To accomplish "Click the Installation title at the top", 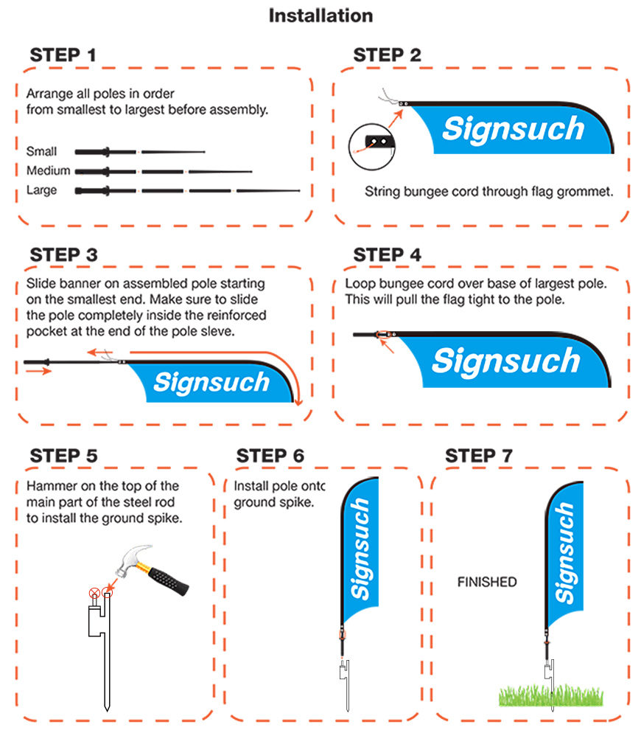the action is (320, 15).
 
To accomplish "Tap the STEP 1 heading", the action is (63, 55).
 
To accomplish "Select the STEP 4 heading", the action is (387, 254).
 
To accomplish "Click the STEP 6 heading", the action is (270, 455).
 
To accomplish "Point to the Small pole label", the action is (41, 151).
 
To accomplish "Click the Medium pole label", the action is (48, 170).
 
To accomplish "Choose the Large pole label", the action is (41, 190).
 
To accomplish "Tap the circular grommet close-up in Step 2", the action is (372, 147).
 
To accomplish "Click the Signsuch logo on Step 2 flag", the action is (513, 128).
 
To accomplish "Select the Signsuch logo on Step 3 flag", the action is (211, 383).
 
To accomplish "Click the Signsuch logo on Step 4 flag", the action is (506, 361).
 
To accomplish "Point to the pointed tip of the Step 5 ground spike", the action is (107, 710).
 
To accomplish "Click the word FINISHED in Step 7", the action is (487, 582).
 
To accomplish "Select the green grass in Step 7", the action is (551, 695).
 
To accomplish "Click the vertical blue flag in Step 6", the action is (360, 549).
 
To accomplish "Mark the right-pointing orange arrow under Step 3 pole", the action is (38, 371).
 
